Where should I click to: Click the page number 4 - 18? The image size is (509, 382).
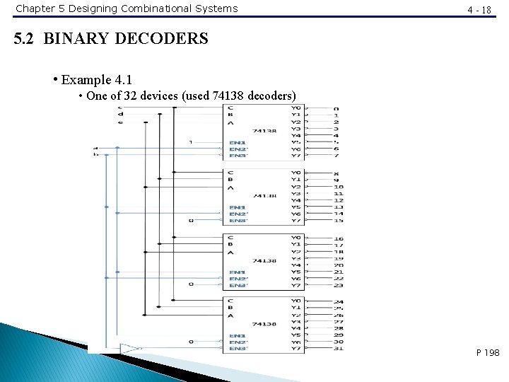pyautogui.click(x=479, y=9)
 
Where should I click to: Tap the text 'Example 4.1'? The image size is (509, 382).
pyautogui.click(x=97, y=79)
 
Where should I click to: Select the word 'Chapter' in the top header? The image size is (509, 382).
pyautogui.click(x=35, y=8)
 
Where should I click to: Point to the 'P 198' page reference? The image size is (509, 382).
pyautogui.click(x=488, y=352)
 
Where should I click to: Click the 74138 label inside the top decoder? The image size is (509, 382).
pyautogui.click(x=263, y=131)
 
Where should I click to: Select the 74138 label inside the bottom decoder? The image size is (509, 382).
pyautogui.click(x=263, y=323)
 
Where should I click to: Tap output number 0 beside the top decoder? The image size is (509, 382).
pyautogui.click(x=336, y=109)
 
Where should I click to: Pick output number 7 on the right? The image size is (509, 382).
pyautogui.click(x=336, y=156)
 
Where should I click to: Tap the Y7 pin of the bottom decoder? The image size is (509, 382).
pyautogui.click(x=296, y=349)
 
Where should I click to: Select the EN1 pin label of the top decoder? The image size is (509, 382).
pyautogui.click(x=238, y=142)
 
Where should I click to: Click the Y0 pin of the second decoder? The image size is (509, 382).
pyautogui.click(x=296, y=173)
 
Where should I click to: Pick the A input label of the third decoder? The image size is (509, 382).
pyautogui.click(x=230, y=252)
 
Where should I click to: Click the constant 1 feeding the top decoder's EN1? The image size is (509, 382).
pyautogui.click(x=190, y=142)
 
